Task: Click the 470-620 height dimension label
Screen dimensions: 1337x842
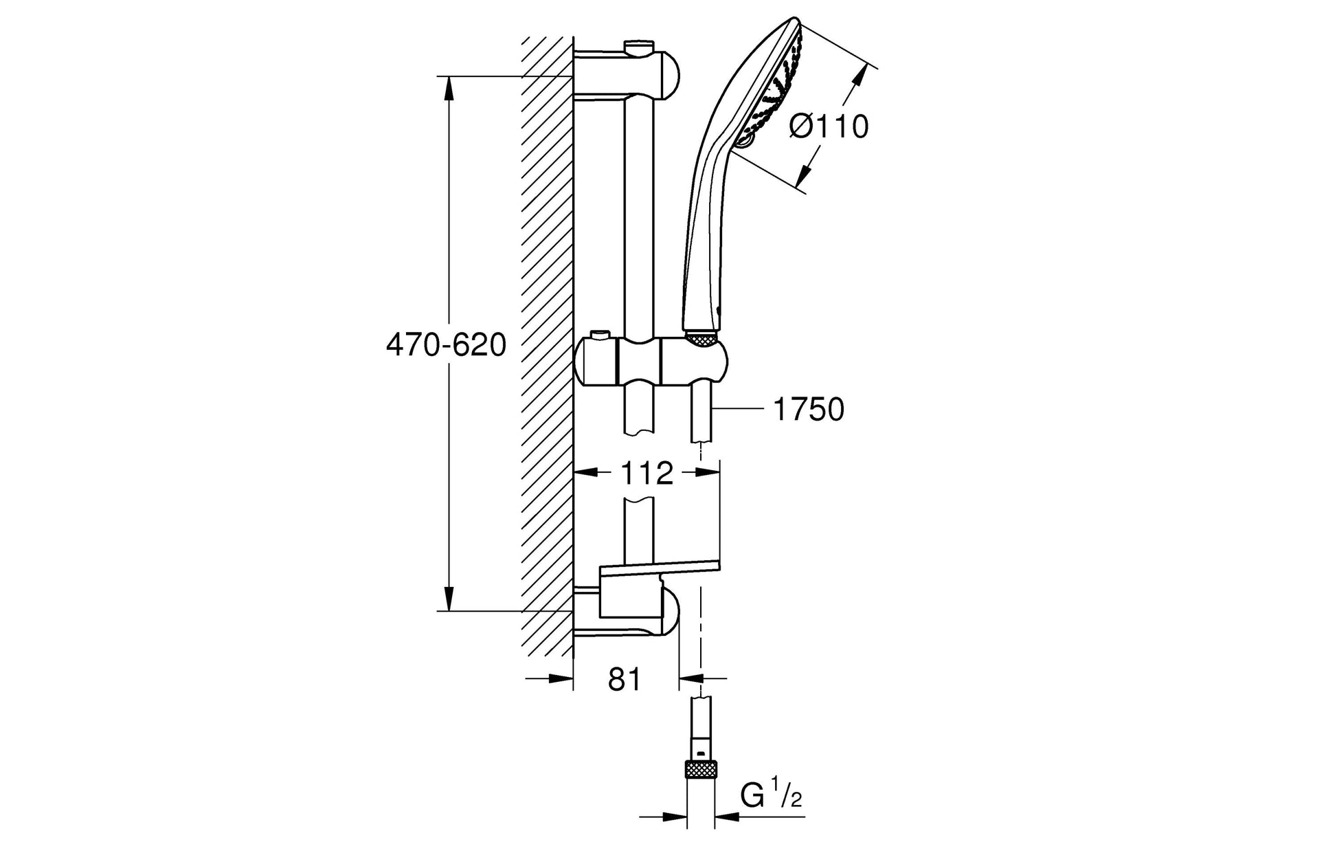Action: pos(446,344)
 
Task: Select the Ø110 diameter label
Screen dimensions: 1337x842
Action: pos(829,126)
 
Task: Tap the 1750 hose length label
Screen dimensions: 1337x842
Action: pos(808,410)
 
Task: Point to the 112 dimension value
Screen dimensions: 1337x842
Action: pos(647,473)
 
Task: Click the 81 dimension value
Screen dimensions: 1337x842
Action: pos(625,679)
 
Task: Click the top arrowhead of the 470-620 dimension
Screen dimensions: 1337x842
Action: pos(449,89)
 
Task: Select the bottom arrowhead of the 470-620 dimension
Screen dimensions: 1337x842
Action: pos(449,598)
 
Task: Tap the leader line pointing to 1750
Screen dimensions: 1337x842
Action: pos(739,410)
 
